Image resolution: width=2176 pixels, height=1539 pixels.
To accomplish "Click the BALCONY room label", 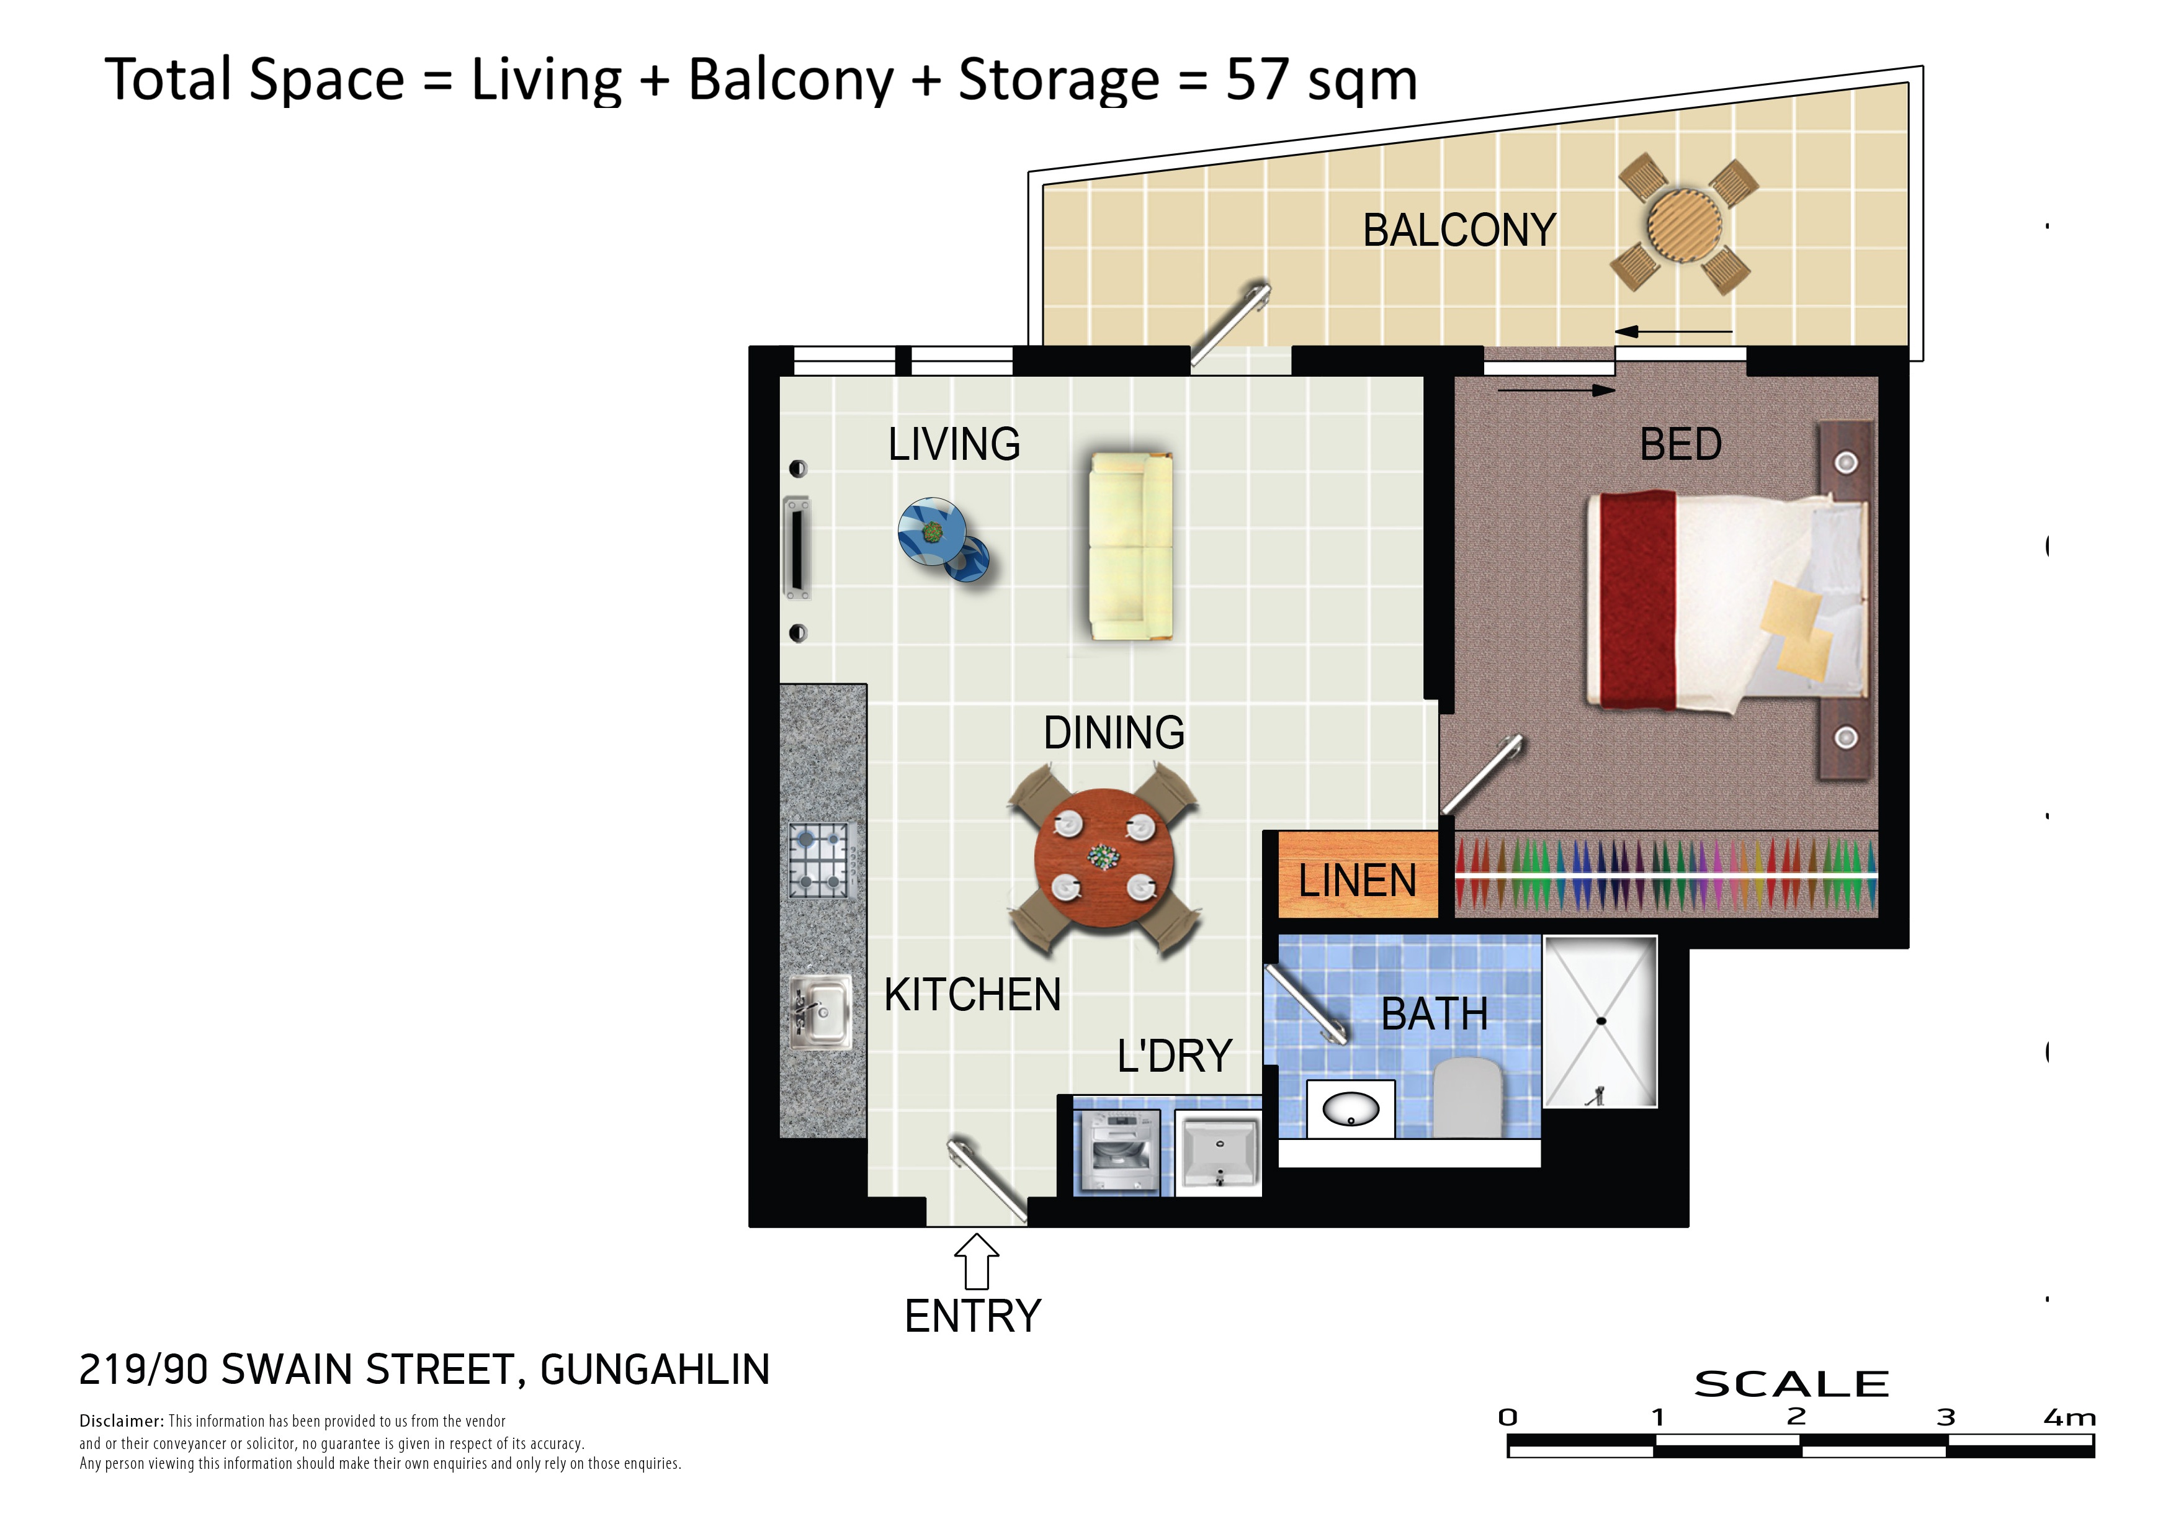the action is [1459, 230].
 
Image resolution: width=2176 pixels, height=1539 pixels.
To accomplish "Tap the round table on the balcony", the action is [1685, 225].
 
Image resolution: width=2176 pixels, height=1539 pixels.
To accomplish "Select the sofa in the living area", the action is [1131, 546].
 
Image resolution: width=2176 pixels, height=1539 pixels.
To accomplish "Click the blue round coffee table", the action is [934, 532].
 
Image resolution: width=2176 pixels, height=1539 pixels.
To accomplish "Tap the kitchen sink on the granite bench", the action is [821, 1012].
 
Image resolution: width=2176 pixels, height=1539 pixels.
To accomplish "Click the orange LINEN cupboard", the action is [1357, 874].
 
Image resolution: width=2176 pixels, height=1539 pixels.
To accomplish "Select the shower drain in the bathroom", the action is [1601, 1021].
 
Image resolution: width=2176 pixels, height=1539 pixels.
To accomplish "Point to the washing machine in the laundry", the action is [1117, 1152].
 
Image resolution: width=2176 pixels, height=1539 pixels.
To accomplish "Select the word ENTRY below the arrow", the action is [974, 1316].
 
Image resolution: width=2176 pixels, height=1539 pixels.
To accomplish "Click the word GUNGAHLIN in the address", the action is [655, 1370].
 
